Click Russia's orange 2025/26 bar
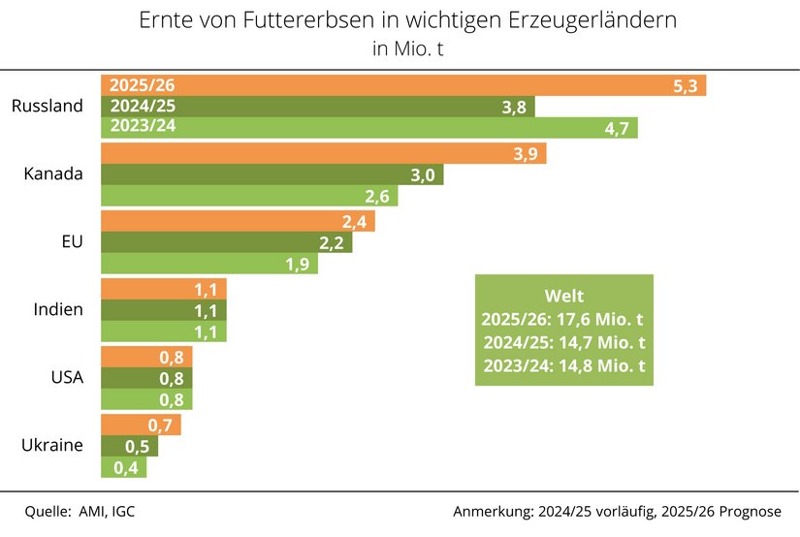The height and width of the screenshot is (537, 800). point(403,85)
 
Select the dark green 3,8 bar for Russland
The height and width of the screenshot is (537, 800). point(318,107)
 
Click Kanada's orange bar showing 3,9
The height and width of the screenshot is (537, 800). point(324,153)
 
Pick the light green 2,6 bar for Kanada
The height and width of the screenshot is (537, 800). point(250,196)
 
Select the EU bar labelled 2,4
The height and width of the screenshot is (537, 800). point(238,221)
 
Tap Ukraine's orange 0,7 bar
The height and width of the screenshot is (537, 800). point(141,425)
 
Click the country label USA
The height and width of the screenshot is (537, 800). point(66,378)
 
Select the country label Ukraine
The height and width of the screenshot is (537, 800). point(52,446)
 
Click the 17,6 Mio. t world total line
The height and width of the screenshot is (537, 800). point(563,319)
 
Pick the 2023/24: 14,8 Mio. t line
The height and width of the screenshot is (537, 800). point(563,365)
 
